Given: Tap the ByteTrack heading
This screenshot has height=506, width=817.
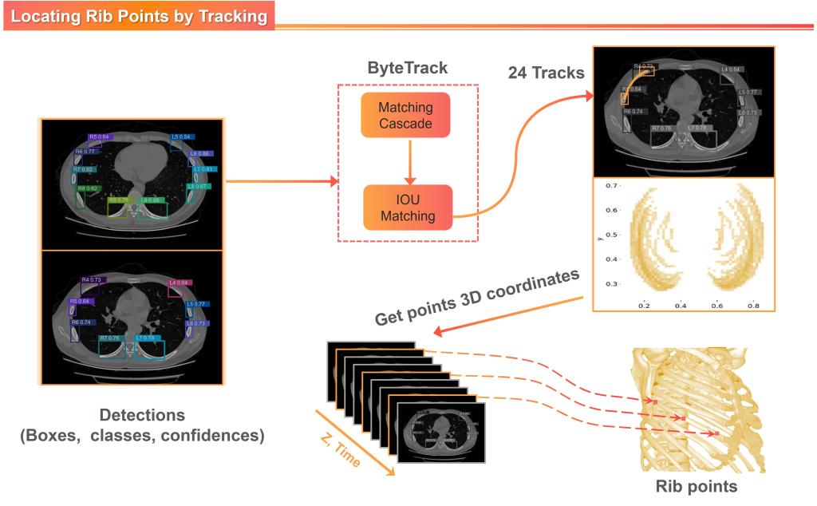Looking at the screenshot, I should (407, 68).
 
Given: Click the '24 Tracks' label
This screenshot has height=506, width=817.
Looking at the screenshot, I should (546, 73).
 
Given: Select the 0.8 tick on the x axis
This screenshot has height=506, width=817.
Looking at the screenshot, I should (752, 305).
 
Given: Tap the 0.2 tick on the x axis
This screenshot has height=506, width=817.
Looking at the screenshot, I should (643, 305).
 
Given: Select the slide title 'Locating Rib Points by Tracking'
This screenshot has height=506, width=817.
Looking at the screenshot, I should (138, 15).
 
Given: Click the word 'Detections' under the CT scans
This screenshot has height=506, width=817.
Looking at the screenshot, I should (142, 416).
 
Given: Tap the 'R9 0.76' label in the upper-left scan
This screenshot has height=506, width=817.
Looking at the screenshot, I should (118, 200).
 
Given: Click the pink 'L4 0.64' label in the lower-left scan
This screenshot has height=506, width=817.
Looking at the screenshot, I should (179, 283).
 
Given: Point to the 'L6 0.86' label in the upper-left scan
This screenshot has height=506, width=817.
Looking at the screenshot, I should (199, 153).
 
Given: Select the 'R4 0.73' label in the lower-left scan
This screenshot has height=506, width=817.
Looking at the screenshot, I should (92, 280).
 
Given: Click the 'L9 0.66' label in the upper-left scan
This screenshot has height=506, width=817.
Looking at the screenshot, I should (151, 200).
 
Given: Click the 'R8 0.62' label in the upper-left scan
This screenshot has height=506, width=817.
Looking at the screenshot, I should (88, 188).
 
